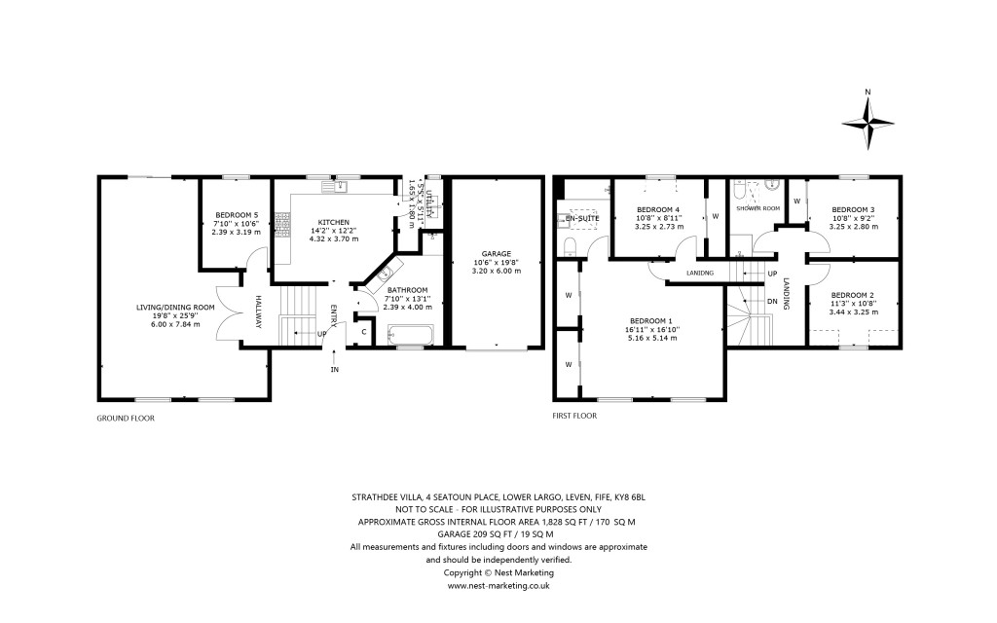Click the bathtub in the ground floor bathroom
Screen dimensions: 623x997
[x=410, y=337]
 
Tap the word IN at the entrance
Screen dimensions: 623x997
[x=334, y=370]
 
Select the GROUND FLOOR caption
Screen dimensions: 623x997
[x=125, y=417]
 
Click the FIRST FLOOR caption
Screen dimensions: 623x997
[x=573, y=417]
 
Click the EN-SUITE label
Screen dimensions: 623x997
[x=580, y=219]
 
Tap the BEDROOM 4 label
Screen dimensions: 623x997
[x=657, y=209]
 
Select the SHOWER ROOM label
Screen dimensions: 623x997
[x=758, y=208]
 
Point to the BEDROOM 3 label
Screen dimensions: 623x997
[x=853, y=209]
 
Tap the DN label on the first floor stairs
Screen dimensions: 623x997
[x=771, y=302]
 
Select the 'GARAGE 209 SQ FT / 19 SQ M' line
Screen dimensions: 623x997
[x=498, y=534]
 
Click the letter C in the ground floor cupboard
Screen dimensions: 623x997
[x=363, y=331]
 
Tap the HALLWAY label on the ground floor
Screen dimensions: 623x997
[x=259, y=311]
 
